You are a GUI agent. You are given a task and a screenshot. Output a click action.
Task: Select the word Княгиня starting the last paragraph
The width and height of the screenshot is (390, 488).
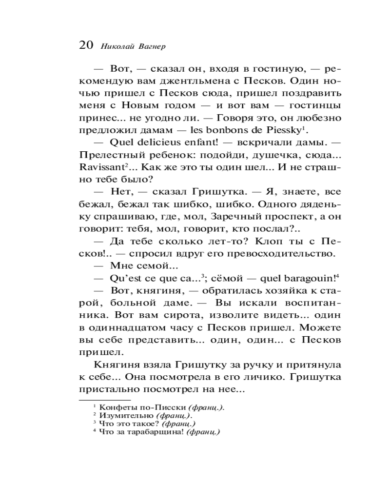pos(113,364)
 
